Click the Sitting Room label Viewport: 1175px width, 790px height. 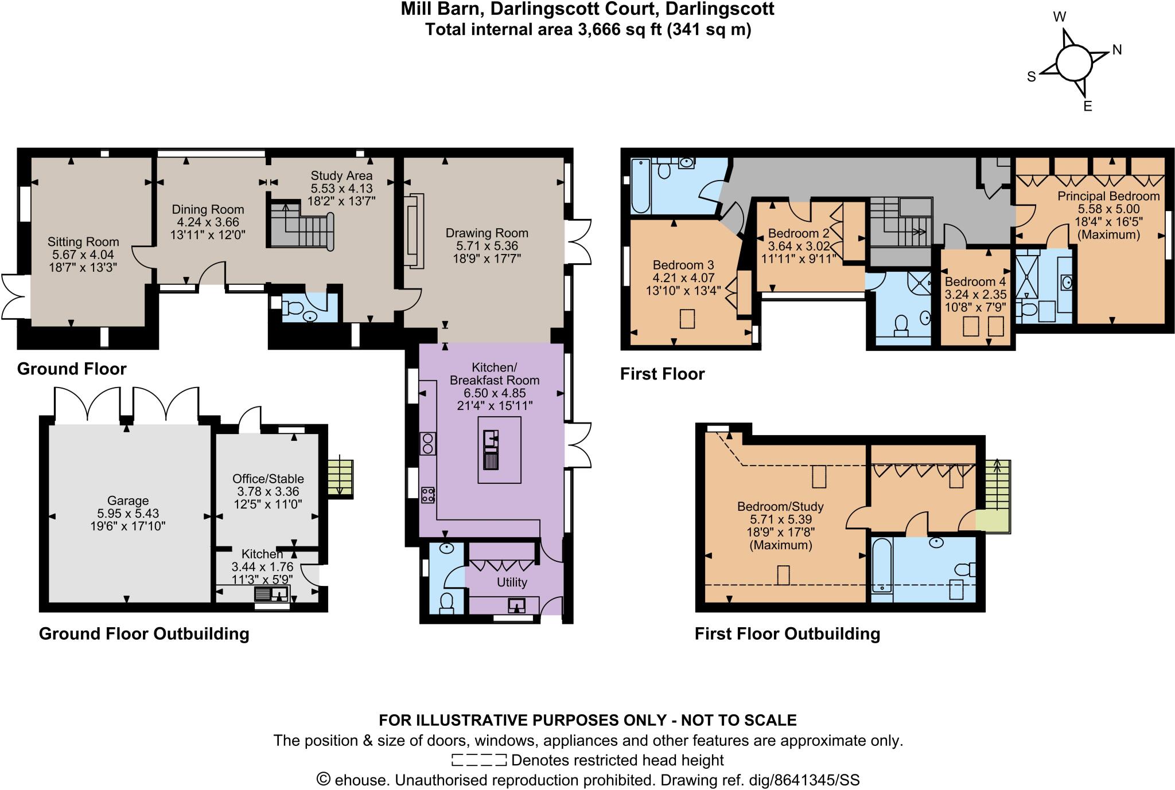[x=83, y=242]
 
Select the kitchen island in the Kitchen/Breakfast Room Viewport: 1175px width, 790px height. [x=499, y=450]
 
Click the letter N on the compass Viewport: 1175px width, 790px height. [x=1116, y=50]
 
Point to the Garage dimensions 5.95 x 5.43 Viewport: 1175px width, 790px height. [x=128, y=514]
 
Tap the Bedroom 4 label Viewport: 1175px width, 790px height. [x=975, y=282]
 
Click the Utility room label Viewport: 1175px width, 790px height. [x=512, y=582]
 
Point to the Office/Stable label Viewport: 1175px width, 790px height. [x=268, y=479]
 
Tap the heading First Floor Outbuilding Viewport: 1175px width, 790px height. [x=787, y=633]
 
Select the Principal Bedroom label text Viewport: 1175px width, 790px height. [x=1108, y=196]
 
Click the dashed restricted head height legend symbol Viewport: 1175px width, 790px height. [x=479, y=760]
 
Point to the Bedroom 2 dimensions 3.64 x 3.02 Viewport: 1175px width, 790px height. [x=799, y=247]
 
